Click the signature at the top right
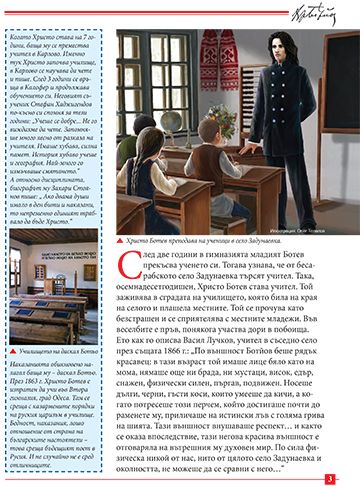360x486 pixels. point(316,16)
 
